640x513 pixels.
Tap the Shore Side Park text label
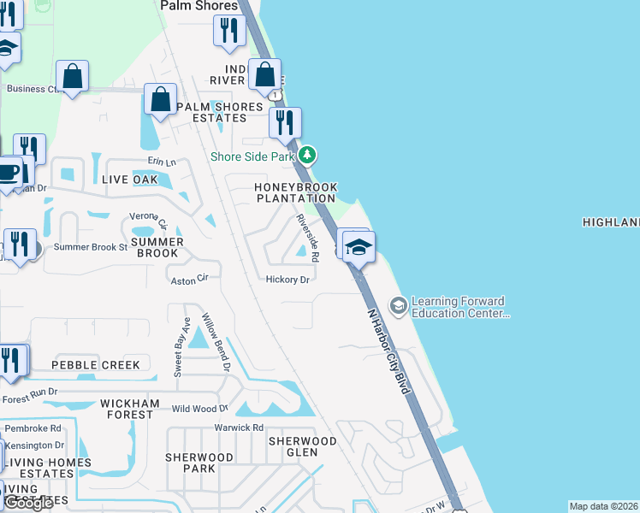point(253,156)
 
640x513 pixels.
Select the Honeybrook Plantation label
point(296,192)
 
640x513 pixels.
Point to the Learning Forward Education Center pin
point(398,305)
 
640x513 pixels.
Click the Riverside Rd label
point(308,238)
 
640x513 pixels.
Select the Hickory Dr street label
point(287,280)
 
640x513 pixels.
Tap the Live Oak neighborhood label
point(129,180)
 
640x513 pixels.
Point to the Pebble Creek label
point(95,365)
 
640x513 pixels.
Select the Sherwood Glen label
point(303,447)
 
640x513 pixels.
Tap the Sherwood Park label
point(199,463)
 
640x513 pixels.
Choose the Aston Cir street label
point(190,280)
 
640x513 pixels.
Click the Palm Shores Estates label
point(219,112)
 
